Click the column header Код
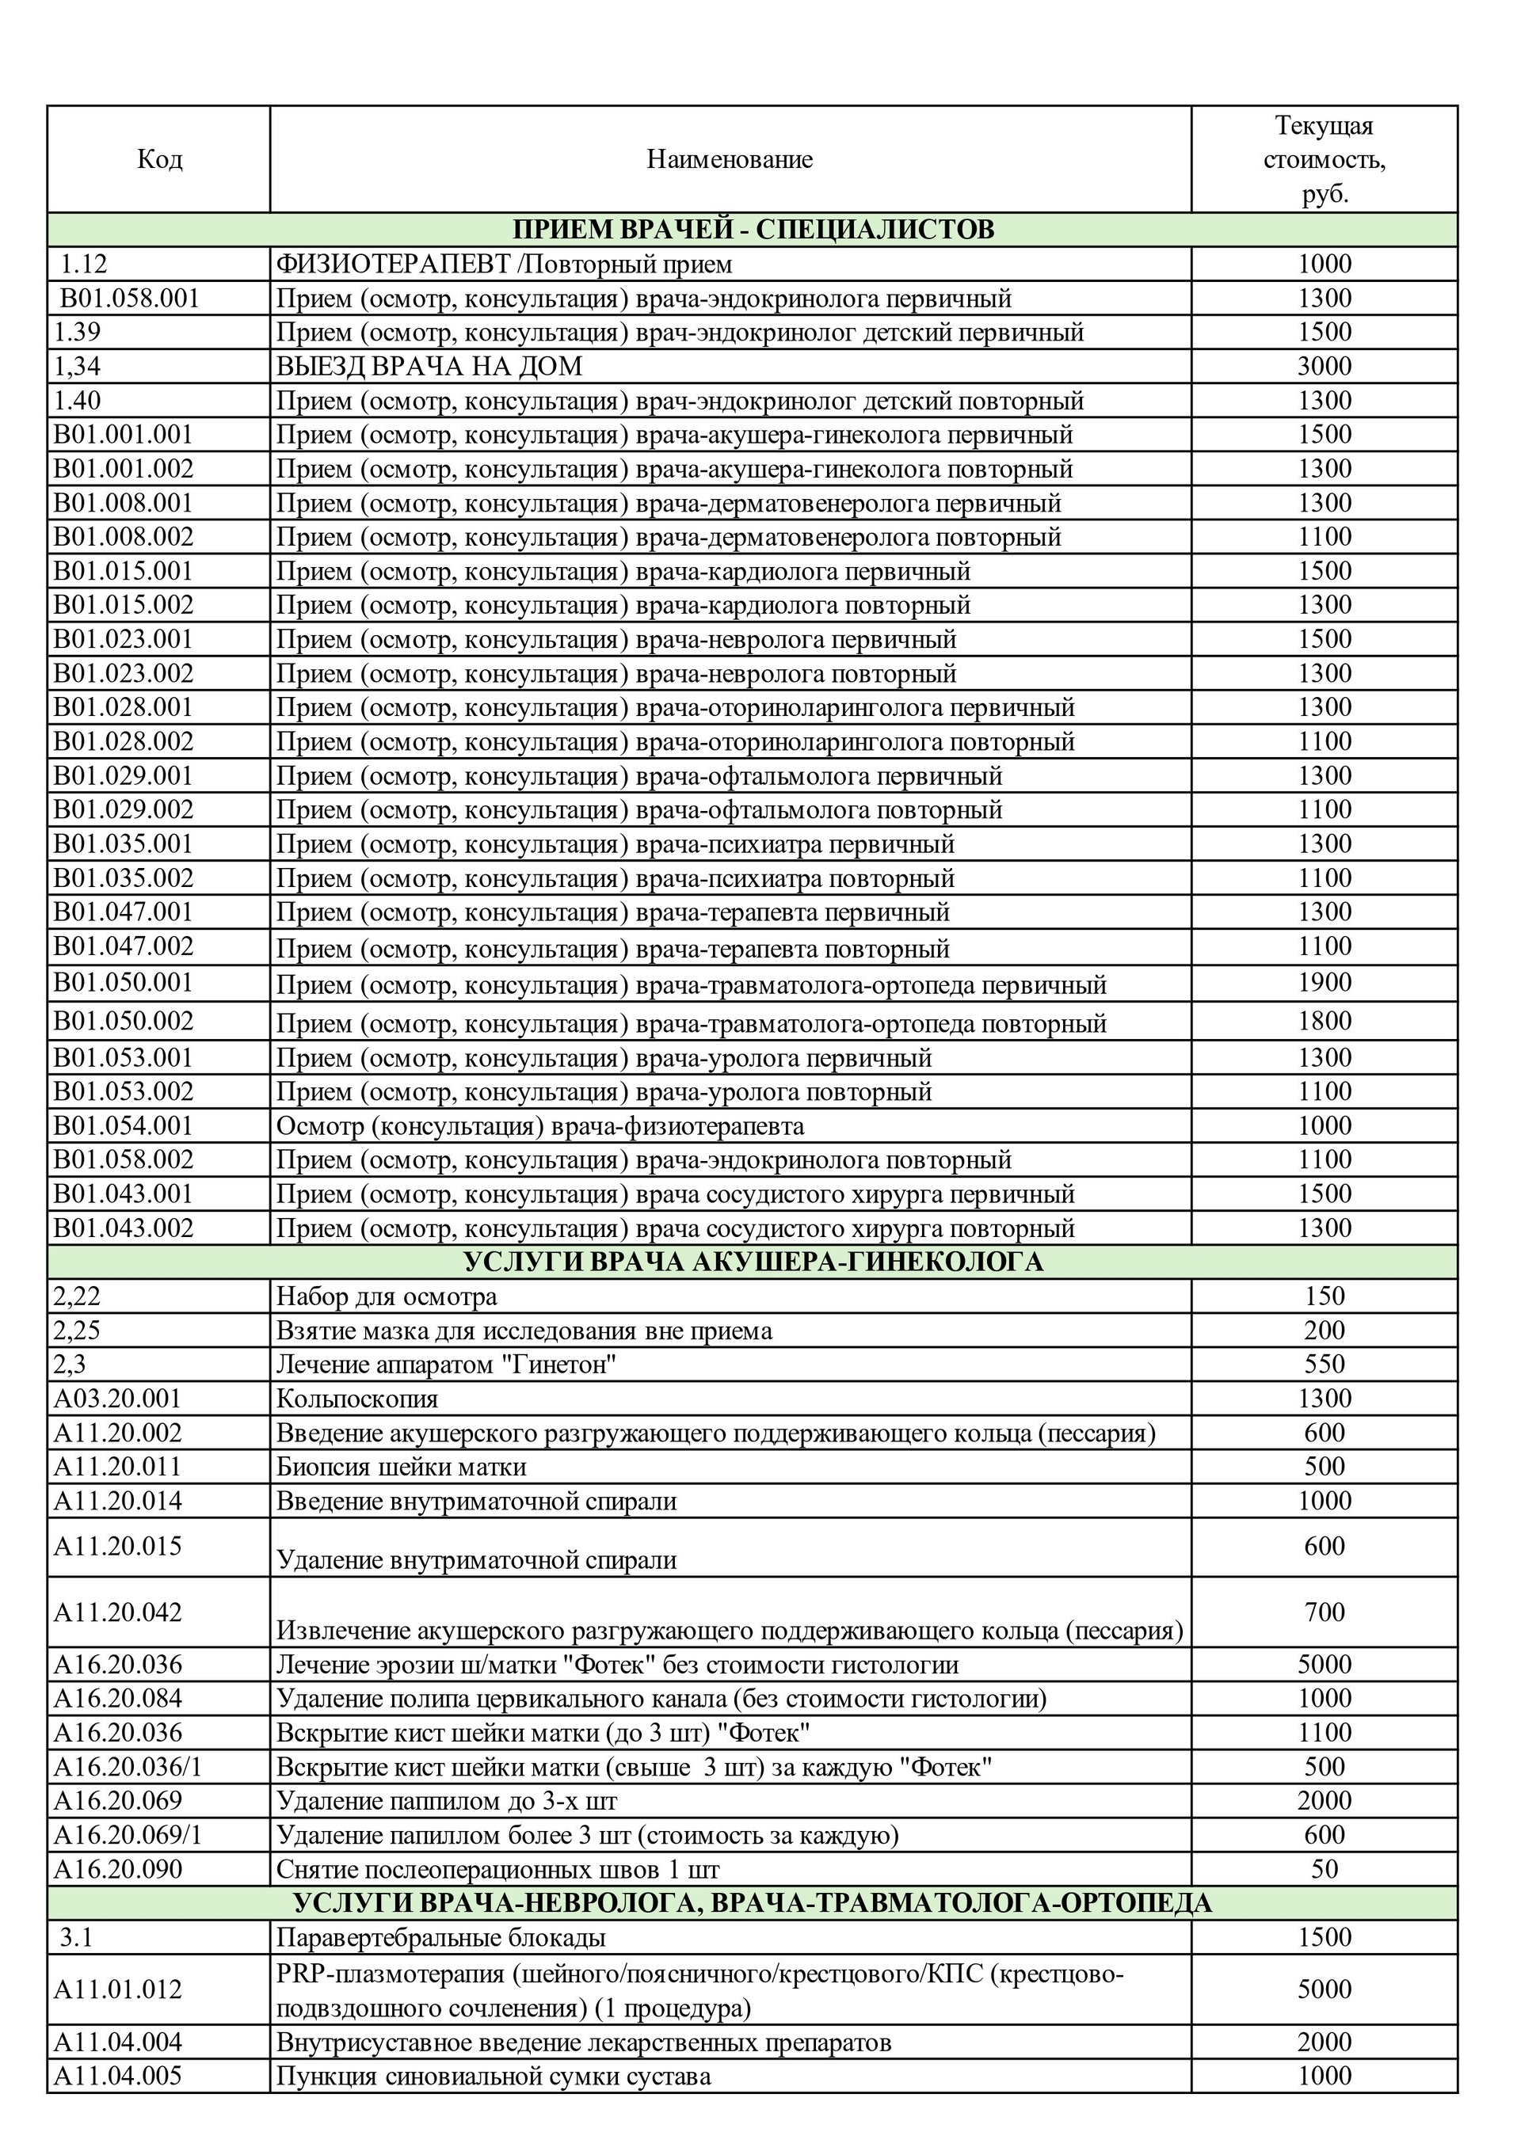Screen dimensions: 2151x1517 click(159, 159)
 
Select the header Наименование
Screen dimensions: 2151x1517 click(729, 159)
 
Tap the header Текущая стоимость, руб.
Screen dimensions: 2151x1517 click(1323, 159)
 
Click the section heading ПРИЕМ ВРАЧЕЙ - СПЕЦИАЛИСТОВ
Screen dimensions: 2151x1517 click(753, 230)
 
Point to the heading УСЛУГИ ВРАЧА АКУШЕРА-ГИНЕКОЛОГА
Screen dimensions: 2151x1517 click(753, 1262)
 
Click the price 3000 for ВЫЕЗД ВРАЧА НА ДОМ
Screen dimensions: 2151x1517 click(1323, 367)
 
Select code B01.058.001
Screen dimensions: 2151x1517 click(129, 299)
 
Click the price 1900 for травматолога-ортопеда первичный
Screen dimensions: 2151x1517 click(1323, 983)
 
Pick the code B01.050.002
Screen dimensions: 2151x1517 click(123, 1020)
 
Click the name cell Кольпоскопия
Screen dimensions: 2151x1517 click(357, 1399)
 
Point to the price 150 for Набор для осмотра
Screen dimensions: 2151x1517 click(1323, 1296)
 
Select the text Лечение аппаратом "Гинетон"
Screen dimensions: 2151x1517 click(446, 1365)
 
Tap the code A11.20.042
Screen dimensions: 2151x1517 click(117, 1612)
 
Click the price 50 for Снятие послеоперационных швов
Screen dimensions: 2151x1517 click(1323, 1869)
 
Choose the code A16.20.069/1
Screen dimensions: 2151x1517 click(128, 1835)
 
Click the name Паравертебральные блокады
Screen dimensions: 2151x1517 click(440, 1937)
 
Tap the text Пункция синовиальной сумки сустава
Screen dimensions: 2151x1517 click(493, 2076)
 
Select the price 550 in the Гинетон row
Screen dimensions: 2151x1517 click(1323, 1365)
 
